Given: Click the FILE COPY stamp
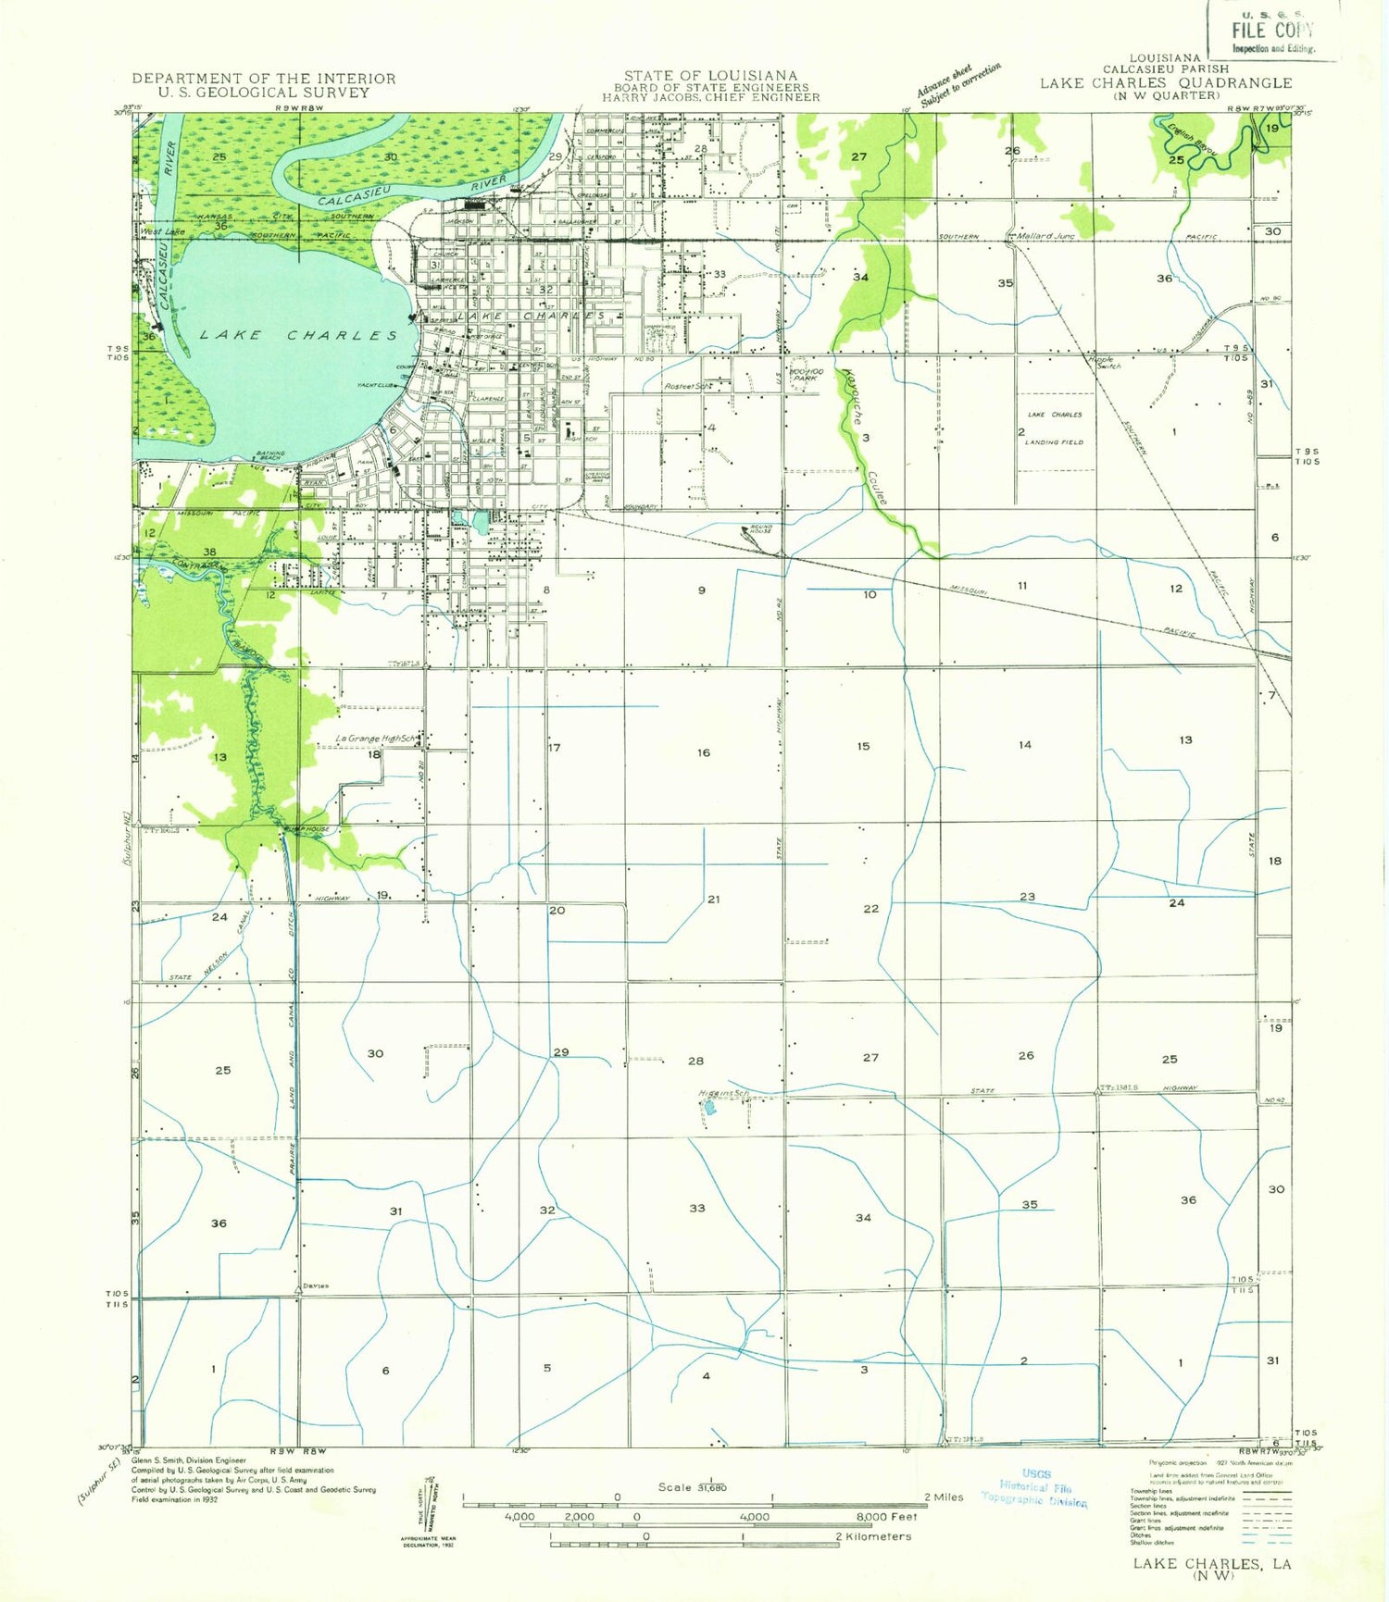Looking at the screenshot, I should (1272, 31).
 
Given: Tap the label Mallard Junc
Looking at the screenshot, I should (1045, 236).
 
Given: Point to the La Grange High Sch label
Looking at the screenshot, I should (376, 739).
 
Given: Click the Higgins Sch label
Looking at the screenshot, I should (723, 1093).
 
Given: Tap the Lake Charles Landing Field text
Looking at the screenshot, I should (1054, 428).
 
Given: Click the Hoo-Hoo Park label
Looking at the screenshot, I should (803, 374).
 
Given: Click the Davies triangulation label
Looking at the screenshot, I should (315, 1286).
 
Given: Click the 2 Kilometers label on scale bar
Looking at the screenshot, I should (873, 1536).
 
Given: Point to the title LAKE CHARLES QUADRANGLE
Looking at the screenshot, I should (1165, 82).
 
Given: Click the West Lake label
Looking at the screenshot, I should (163, 231).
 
